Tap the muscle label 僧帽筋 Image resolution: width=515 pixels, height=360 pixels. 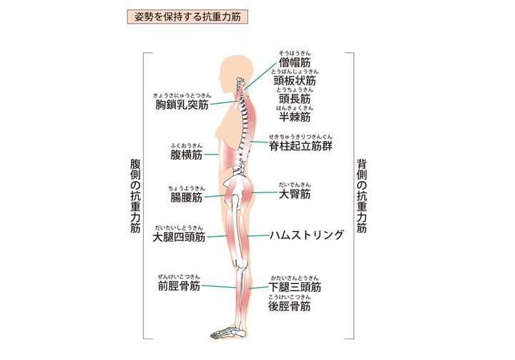point(295,64)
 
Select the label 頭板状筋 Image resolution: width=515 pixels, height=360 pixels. point(295,82)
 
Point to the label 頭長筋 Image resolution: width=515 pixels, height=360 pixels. point(295,99)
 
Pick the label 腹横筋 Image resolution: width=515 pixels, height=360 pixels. point(187,154)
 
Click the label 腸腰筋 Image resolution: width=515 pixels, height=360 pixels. point(187,197)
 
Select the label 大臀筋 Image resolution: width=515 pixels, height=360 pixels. point(295,193)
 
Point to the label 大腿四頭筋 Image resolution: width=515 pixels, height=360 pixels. point(180,237)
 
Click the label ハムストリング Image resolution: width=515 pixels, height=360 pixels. point(306,234)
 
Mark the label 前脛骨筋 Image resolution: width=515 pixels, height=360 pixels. point(180,286)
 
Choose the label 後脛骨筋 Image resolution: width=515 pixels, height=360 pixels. point(290,306)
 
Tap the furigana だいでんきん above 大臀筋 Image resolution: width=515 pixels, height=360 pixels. point(295,184)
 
